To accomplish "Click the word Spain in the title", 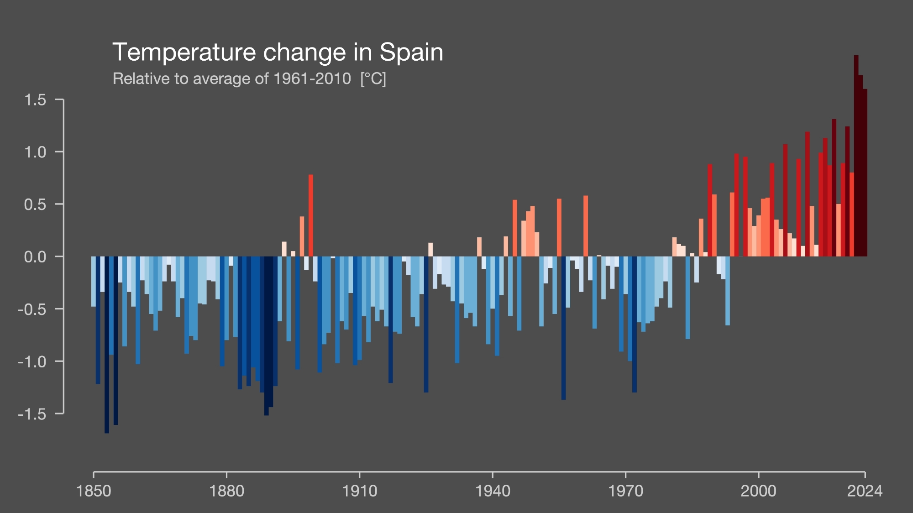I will coord(411,52).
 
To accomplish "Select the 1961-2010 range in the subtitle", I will coord(312,79).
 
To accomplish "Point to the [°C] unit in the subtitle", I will coord(373,79).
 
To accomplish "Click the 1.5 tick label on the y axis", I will coord(35,99).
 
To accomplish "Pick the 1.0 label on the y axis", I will coord(35,152).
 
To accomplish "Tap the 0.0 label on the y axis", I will coord(35,256).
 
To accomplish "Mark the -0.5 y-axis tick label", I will coord(32,309).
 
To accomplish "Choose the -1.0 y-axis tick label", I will coord(32,361).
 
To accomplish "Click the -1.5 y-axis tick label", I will coord(32,414).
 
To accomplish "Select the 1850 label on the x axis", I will coord(94,491).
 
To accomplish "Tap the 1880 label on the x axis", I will coord(226,491).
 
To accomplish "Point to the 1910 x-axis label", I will coord(360,491).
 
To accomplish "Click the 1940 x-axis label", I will coord(493,491).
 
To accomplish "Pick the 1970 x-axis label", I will coord(625,491).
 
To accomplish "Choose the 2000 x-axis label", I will coord(758,491).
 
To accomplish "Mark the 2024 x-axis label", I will coord(865,491).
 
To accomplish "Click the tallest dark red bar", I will coord(856,155).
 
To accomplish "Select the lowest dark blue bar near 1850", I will coord(107,345).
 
